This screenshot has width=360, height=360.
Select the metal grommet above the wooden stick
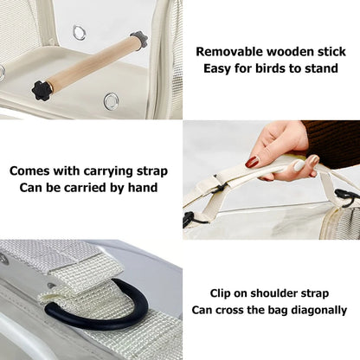80,33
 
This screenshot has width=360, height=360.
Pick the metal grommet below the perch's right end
111,101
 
